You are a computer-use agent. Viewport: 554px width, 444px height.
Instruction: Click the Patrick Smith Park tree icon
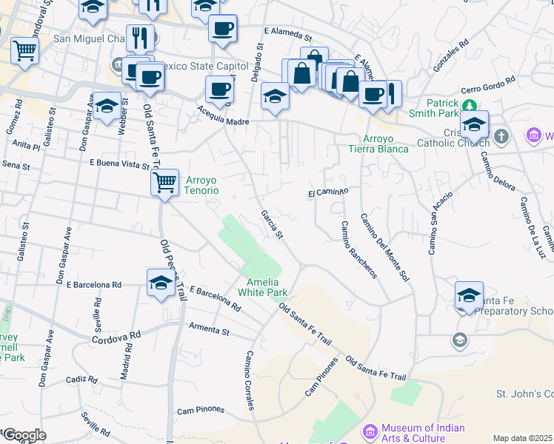[469, 104]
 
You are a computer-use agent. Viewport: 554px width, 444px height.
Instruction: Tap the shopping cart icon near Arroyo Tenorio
[164, 181]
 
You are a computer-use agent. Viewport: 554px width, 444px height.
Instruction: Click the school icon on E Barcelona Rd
[161, 282]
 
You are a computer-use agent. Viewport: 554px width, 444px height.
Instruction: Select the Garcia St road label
[272, 225]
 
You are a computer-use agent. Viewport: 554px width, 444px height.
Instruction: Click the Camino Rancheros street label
[358, 249]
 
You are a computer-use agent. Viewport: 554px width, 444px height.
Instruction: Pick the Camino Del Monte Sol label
[384, 247]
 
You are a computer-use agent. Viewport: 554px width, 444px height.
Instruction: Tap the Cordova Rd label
[116, 337]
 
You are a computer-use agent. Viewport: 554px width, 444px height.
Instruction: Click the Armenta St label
[210, 327]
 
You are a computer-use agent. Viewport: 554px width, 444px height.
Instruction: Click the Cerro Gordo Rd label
[487, 86]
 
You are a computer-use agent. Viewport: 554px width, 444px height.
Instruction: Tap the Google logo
[24, 435]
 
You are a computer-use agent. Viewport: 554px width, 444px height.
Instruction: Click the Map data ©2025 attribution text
[522, 438]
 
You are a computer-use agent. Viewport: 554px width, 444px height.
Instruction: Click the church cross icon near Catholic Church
[502, 136]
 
